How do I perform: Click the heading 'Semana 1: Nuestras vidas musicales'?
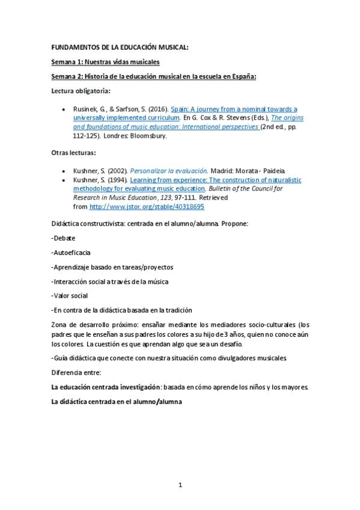point(105,62)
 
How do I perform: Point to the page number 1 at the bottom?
point(180,485)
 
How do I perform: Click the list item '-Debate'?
point(64,238)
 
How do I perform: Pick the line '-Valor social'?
point(70,295)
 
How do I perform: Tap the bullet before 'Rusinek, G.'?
point(64,109)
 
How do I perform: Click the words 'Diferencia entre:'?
point(76,373)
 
